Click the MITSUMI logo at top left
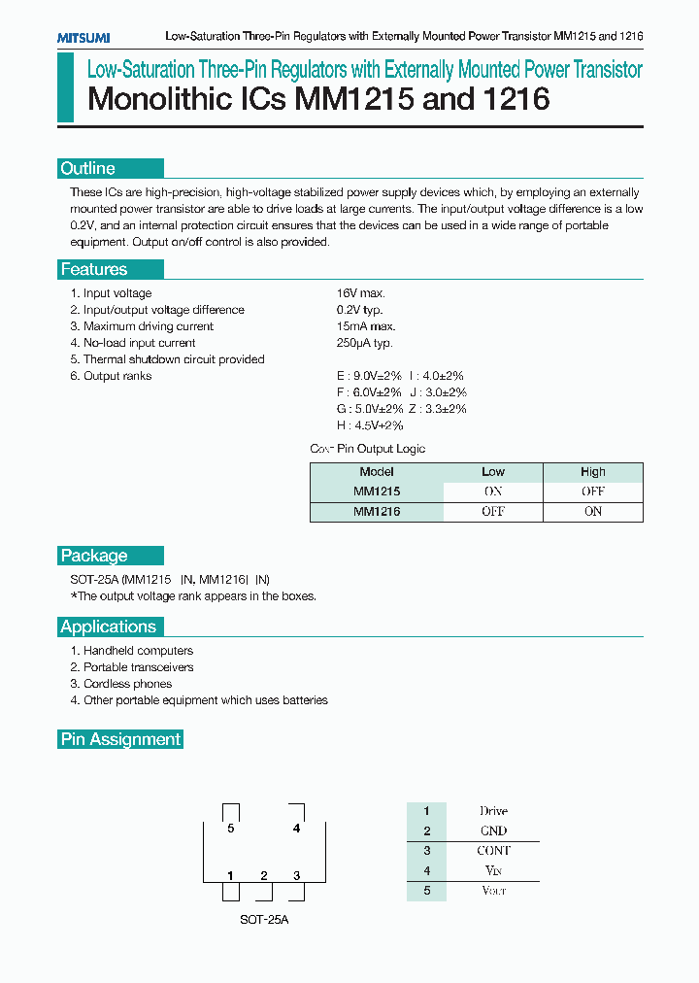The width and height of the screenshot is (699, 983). pyautogui.click(x=83, y=37)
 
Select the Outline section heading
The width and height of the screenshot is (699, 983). pyautogui.click(x=88, y=169)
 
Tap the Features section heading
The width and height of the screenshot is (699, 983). pyautogui.click(x=94, y=269)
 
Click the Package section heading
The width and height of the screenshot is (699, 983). pyautogui.click(x=94, y=556)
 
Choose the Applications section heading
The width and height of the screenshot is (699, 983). pyautogui.click(x=109, y=627)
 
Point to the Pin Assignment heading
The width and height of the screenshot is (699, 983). pyautogui.click(x=120, y=739)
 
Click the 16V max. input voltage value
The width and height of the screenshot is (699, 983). pyautogui.click(x=362, y=293)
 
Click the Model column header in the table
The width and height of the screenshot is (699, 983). pyautogui.click(x=377, y=472)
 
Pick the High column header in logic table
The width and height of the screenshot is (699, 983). pyautogui.click(x=593, y=472)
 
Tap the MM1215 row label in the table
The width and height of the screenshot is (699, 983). pyautogui.click(x=377, y=491)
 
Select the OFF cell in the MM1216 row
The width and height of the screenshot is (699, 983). pyautogui.click(x=493, y=512)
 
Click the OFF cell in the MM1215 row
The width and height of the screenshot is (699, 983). pyautogui.click(x=593, y=491)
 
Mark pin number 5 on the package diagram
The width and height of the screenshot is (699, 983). pyautogui.click(x=231, y=829)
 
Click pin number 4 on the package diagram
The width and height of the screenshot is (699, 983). pyautogui.click(x=296, y=829)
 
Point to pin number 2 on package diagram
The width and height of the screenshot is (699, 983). pyautogui.click(x=264, y=876)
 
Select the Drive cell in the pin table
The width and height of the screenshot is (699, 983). pyautogui.click(x=493, y=811)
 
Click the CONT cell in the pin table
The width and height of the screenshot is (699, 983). pyautogui.click(x=493, y=851)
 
